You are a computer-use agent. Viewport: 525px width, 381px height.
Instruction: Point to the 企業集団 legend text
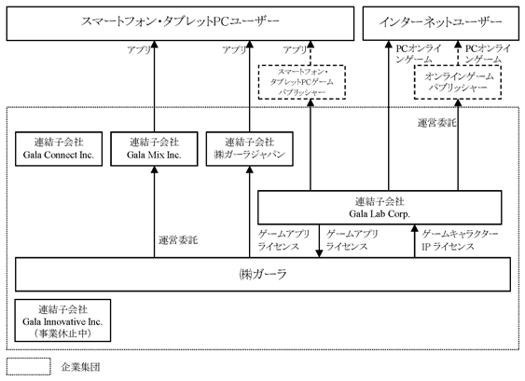(x=80, y=367)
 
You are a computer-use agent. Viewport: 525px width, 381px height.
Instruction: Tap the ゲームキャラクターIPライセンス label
(x=460, y=240)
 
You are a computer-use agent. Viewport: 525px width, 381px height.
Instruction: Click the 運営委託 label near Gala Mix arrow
(x=178, y=240)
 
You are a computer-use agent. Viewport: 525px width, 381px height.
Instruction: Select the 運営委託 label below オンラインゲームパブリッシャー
(x=436, y=123)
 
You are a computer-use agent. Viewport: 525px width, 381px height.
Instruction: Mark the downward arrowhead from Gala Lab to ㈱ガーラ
(x=319, y=253)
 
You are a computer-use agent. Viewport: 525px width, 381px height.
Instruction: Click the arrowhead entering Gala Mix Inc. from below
(x=155, y=170)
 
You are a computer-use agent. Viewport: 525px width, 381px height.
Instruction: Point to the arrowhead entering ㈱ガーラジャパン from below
(x=249, y=170)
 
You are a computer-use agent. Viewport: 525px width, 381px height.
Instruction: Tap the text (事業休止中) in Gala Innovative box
(x=62, y=333)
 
